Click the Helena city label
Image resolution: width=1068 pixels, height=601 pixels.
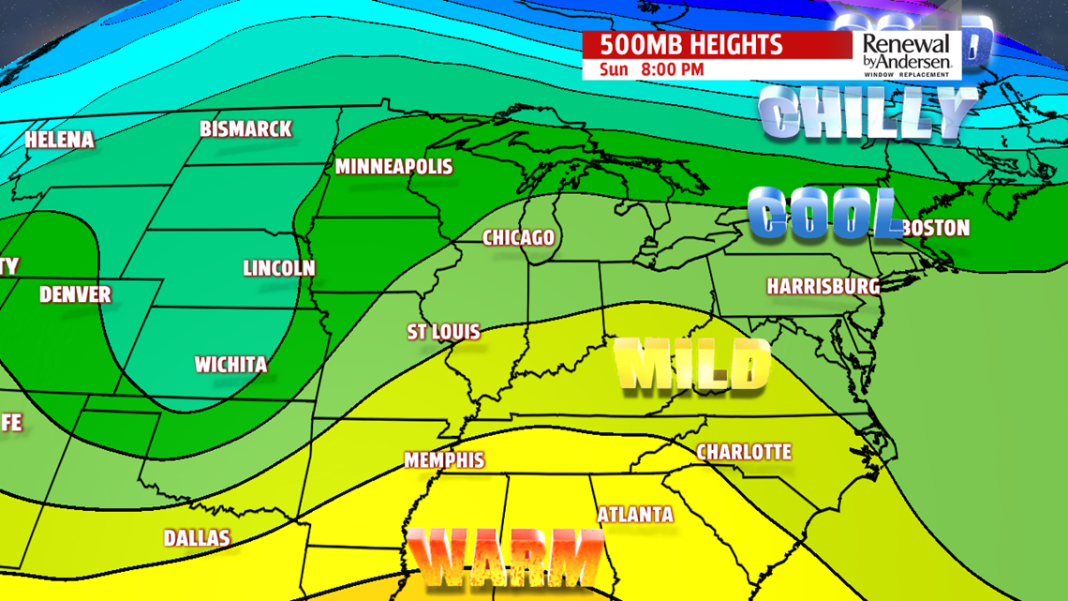coord(60,141)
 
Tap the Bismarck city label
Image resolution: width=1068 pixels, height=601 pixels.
coord(246,129)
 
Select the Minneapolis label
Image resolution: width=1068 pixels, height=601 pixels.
coord(393,168)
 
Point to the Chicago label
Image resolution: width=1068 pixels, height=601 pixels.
coord(518,238)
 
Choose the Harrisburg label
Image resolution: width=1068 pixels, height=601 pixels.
coord(823,286)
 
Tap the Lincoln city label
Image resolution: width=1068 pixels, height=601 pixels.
coord(279,268)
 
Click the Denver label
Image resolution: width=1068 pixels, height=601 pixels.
coord(75,294)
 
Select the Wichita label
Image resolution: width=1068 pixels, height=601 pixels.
coord(230,364)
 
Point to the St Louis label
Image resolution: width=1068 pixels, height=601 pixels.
coord(443,332)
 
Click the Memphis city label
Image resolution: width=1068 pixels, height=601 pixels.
coord(444,460)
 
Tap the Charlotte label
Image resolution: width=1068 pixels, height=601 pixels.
coord(744,452)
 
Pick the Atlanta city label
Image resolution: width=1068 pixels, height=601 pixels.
coord(635,514)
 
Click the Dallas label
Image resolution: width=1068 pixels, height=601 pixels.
coord(197,538)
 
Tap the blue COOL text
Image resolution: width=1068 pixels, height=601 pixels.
coord(823,212)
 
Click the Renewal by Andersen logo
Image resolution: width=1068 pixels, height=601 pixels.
coord(905,54)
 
